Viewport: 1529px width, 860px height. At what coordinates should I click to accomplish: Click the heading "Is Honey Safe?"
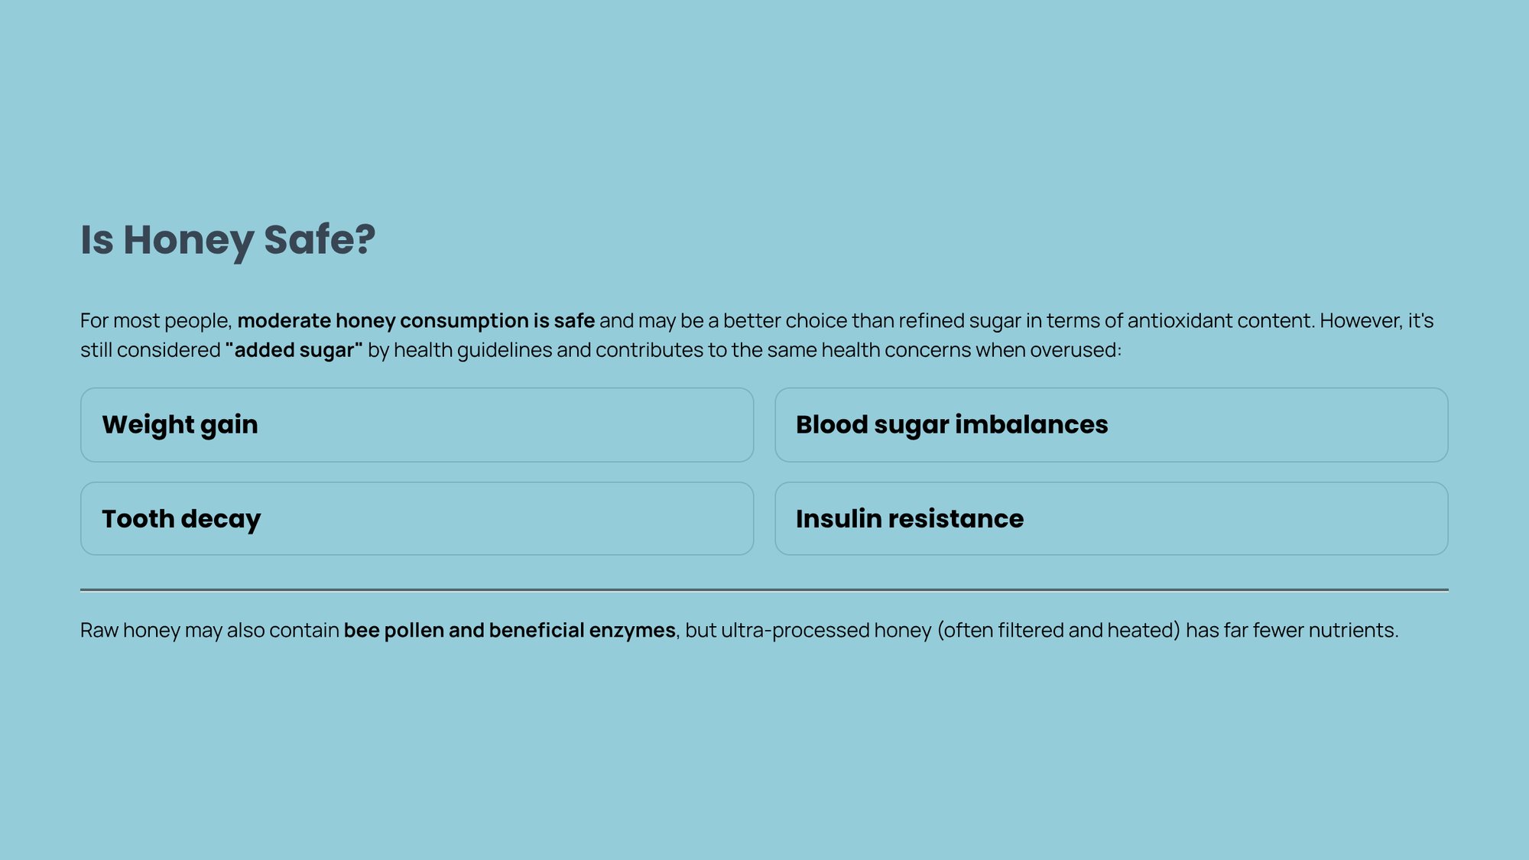(228, 240)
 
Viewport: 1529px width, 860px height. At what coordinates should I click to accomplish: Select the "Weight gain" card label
(180, 425)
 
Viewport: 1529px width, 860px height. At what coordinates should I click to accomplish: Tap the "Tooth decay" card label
(181, 519)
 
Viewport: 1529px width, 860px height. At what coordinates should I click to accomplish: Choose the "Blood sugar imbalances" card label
(952, 425)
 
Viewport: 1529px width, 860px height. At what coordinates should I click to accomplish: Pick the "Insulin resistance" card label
(910, 518)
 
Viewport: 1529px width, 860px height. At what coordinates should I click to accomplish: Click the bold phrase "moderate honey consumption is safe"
(416, 321)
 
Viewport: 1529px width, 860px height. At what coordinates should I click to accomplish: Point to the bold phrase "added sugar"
(294, 350)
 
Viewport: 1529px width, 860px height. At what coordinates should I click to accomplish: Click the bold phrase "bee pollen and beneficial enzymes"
(509, 631)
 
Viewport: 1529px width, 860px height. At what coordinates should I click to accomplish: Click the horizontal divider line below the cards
(764, 590)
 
